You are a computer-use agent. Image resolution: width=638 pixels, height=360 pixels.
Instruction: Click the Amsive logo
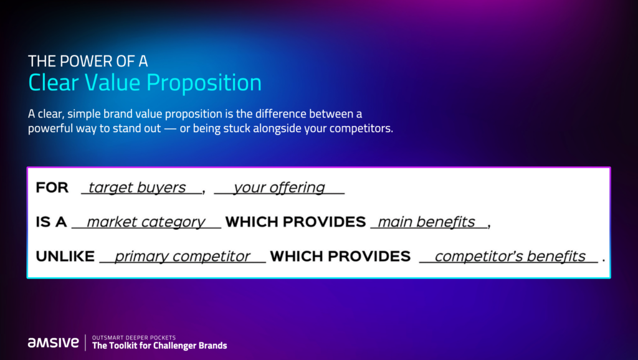pos(54,343)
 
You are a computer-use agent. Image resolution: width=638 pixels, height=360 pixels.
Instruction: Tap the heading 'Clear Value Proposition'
pos(145,83)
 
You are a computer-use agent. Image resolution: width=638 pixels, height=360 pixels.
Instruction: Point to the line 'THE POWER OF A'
pos(88,61)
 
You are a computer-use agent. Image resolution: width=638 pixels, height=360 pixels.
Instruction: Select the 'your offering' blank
pos(279,187)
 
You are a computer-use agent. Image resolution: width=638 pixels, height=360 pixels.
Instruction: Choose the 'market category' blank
pos(146,222)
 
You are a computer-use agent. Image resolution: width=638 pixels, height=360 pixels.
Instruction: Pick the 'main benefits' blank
pos(429,222)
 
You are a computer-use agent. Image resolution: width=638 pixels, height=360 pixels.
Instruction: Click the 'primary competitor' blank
pos(183,256)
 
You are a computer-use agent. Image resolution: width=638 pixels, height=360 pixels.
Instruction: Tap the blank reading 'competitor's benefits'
pos(508,256)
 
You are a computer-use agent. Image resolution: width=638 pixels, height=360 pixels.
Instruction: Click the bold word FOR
pos(52,187)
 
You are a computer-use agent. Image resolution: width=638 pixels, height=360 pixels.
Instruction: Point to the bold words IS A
pos(51,222)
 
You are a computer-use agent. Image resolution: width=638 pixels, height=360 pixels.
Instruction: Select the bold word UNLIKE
pos(65,256)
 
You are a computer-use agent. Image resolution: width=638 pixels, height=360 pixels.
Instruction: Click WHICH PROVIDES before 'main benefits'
pos(295,222)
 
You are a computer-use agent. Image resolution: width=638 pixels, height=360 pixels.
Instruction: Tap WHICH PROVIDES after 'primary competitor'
pos(340,256)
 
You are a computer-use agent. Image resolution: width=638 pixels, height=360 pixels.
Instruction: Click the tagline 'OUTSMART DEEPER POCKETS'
pos(134,338)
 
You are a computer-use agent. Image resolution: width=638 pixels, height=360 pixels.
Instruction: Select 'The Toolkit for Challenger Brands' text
pos(159,346)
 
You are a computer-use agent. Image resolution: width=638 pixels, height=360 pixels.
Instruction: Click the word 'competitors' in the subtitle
pos(361,128)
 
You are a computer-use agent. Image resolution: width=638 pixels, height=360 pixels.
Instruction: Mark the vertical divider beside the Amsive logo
pos(85,343)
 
